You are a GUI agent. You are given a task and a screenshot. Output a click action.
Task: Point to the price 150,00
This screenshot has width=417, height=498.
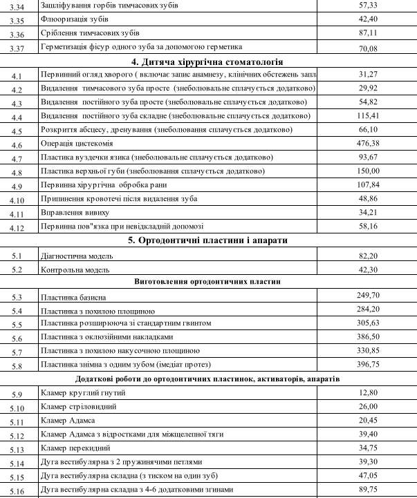[x=367, y=171]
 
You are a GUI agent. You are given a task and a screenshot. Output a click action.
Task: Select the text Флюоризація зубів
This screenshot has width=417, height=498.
[x=75, y=19]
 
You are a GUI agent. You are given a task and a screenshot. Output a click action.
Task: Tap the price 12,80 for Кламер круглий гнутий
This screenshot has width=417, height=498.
[x=367, y=392]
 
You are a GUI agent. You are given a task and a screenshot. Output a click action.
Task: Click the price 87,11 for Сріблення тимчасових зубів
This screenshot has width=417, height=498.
[x=367, y=32]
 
